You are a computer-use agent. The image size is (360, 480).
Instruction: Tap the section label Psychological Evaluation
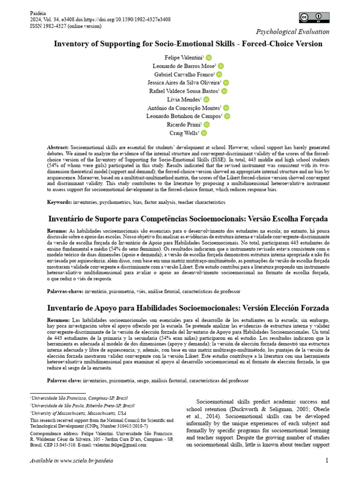[x=292, y=32]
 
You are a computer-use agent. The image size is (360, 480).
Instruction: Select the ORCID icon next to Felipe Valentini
[x=209, y=57]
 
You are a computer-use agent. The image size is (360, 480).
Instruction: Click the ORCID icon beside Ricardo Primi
[x=207, y=125]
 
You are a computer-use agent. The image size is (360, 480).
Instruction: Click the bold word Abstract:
[x=58, y=147]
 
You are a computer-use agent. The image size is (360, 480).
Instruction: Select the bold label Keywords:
[x=60, y=202]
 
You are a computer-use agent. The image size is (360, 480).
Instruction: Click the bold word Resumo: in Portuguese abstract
[x=58, y=232]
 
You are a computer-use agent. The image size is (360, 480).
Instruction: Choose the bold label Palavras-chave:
[x=65, y=291]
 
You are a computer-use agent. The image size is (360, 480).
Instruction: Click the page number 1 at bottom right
[x=327, y=461]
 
